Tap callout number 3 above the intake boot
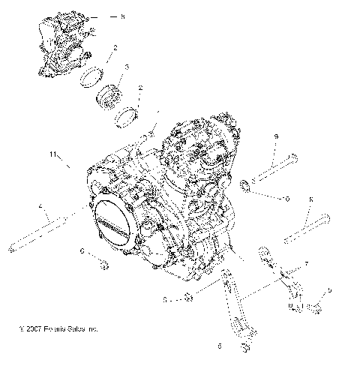[127, 67]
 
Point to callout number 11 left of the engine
[53, 154]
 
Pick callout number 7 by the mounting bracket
[305, 265]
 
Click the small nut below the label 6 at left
[103, 264]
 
